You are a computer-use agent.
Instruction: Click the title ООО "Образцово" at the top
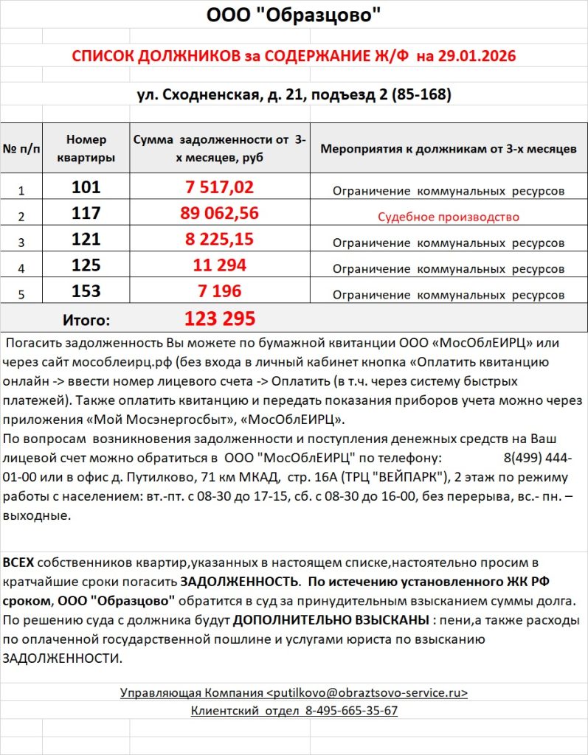coord(294,15)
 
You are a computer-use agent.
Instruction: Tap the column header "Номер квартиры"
coord(86,148)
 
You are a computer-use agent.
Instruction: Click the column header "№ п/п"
coord(21,149)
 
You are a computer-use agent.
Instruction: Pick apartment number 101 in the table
coord(86,187)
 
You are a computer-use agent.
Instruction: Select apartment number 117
coord(86,214)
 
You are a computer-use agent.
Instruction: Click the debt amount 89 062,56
coord(219,214)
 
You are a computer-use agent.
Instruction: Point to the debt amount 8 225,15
coord(219,239)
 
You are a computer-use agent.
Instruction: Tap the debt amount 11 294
coord(219,265)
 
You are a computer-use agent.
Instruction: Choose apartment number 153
coord(86,291)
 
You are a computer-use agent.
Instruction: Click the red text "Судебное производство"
coord(449,217)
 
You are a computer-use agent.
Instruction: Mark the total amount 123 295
coord(219,319)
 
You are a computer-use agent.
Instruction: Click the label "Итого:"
coord(86,320)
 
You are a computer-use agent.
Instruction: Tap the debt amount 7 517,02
coord(219,187)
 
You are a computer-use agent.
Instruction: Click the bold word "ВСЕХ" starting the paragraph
coord(18,563)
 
